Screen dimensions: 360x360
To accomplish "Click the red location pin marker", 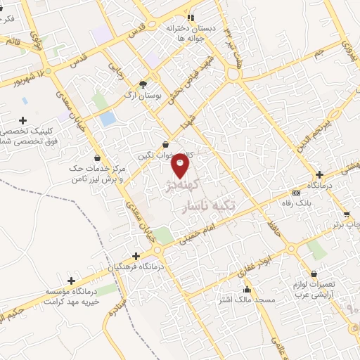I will [180, 166].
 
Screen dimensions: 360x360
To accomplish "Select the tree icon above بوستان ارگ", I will [143, 83].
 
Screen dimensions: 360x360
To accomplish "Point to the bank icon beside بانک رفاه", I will [295, 193].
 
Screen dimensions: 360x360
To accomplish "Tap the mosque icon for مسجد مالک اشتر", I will [246, 290].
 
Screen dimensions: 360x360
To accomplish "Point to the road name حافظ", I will [271, 226].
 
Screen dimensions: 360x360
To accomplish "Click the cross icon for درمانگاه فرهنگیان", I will [136, 256].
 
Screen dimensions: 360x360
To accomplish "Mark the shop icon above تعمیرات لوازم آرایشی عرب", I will [314, 274].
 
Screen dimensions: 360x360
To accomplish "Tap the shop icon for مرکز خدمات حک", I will [96, 158].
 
